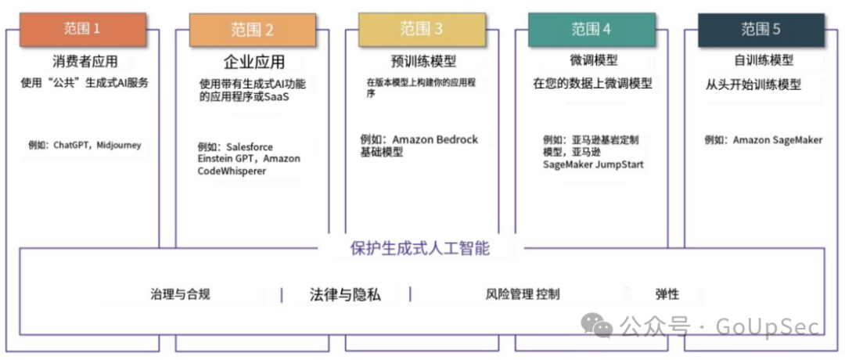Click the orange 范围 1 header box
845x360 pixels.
coord(82,29)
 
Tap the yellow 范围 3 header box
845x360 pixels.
coord(421,29)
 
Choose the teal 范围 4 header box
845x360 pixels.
coord(591,30)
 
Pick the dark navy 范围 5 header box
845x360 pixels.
coord(760,30)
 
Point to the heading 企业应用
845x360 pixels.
coord(254,62)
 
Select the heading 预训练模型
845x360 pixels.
coord(423,61)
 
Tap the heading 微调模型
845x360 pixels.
coord(594,60)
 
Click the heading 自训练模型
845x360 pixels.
coord(764,60)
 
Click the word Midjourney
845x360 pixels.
coord(122,145)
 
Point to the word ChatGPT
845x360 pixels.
coord(73,145)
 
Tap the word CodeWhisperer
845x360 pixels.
coord(232,171)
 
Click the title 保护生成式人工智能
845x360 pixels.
coord(420,249)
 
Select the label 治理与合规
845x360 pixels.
coord(181,294)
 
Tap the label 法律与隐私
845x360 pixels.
coord(345,295)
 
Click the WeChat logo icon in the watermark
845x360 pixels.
coord(601,325)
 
